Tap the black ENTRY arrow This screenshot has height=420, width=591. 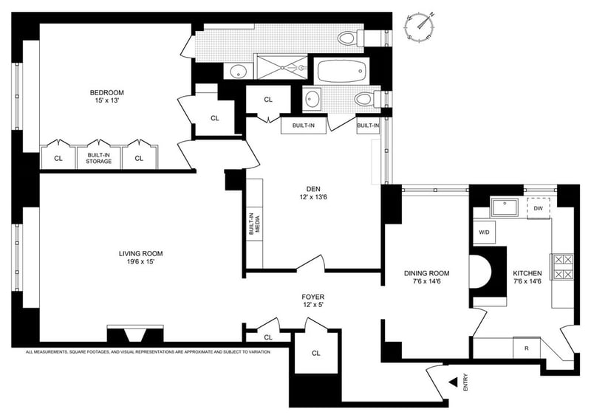click(453, 382)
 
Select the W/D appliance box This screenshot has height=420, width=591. click(484, 232)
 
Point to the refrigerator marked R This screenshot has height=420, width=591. click(525, 346)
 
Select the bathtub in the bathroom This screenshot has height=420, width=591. click(341, 72)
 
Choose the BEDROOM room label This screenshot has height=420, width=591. click(106, 92)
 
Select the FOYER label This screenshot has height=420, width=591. click(312, 297)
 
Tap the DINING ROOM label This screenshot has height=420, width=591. click(426, 273)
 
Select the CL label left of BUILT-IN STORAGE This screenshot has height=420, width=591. click(58, 158)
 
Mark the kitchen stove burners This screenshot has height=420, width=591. click(561, 266)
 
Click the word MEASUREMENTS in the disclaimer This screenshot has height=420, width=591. click(56, 352)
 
